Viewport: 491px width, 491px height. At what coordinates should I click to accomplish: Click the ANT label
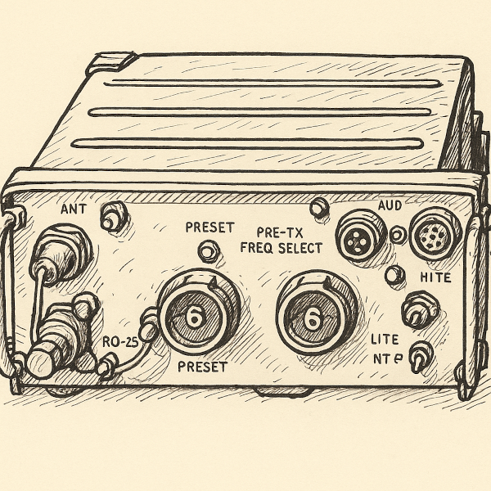[x=73, y=209]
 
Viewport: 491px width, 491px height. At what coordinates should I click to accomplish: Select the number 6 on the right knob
[x=312, y=319]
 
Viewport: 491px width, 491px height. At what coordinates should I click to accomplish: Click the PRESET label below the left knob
[x=202, y=367]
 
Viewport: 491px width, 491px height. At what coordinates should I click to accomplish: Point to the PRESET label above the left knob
[x=209, y=227]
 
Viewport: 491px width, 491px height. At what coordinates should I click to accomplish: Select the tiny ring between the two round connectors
[x=398, y=236]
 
